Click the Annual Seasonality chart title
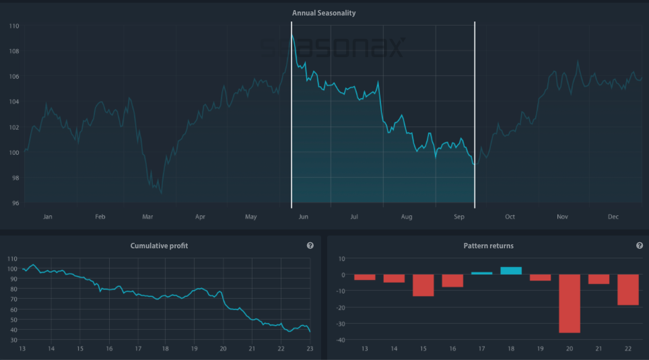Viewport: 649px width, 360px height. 324,13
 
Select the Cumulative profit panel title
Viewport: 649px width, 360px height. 159,246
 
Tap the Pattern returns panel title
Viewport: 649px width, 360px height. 488,246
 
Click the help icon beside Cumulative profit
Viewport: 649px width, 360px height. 310,246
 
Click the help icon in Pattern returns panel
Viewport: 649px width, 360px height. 639,246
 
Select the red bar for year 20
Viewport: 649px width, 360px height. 570,303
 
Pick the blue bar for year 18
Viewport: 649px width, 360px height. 511,271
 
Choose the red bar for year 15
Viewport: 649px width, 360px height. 423,285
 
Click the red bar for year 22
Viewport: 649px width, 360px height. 628,290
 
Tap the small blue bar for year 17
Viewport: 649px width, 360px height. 481,273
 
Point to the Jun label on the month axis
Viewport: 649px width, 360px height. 303,217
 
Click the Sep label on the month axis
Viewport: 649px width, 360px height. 459,217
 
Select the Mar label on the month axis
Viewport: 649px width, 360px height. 147,217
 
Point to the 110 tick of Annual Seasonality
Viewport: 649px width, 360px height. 14,26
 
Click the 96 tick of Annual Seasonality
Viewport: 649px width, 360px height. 15,203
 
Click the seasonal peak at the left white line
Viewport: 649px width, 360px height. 292,35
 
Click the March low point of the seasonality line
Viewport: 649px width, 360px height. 160,192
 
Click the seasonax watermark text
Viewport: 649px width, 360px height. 333,48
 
